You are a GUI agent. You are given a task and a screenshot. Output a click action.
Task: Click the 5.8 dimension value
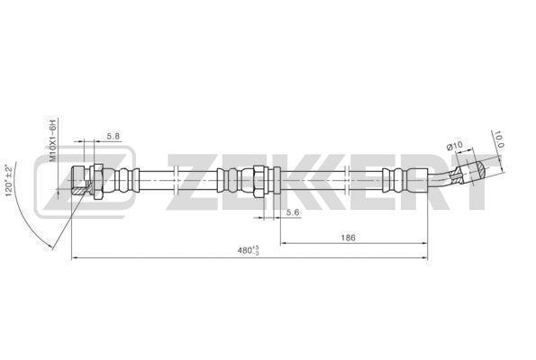click(114, 136)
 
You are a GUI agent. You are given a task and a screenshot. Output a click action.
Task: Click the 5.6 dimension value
click(293, 212)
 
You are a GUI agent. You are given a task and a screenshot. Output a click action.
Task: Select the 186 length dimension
click(349, 238)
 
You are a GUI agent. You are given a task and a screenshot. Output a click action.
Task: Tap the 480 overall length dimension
click(249, 250)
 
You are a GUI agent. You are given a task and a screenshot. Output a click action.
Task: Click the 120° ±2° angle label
click(10, 181)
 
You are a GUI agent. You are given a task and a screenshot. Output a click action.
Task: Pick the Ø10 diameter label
click(455, 146)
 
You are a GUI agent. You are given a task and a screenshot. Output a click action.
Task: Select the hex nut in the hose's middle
click(259, 181)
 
